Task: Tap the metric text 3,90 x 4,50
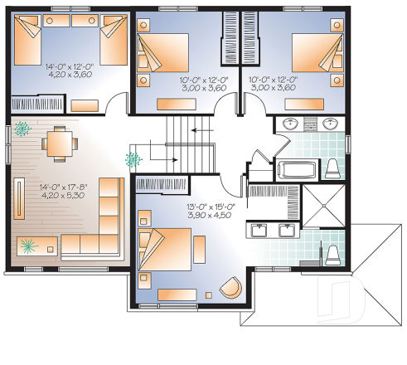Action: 210,214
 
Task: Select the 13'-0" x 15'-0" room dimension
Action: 210,204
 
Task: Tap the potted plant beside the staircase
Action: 131,158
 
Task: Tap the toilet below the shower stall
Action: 332,253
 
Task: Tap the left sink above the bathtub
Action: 290,125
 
